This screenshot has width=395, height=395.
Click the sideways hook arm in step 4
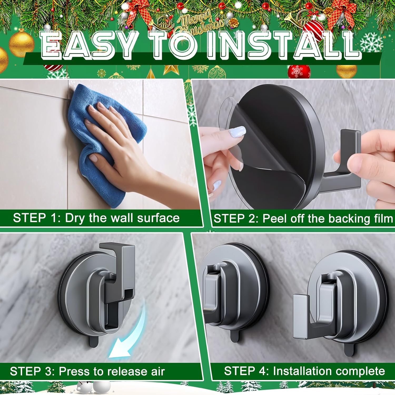(x=303, y=316)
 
